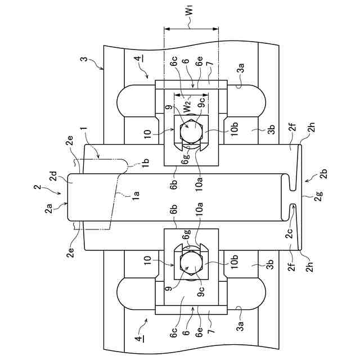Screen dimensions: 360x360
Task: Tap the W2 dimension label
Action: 187,107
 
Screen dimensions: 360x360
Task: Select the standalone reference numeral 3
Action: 85,59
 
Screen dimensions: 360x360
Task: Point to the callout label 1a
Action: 136,196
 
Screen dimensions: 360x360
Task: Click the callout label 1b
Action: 146,163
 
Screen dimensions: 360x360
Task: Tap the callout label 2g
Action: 319,196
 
